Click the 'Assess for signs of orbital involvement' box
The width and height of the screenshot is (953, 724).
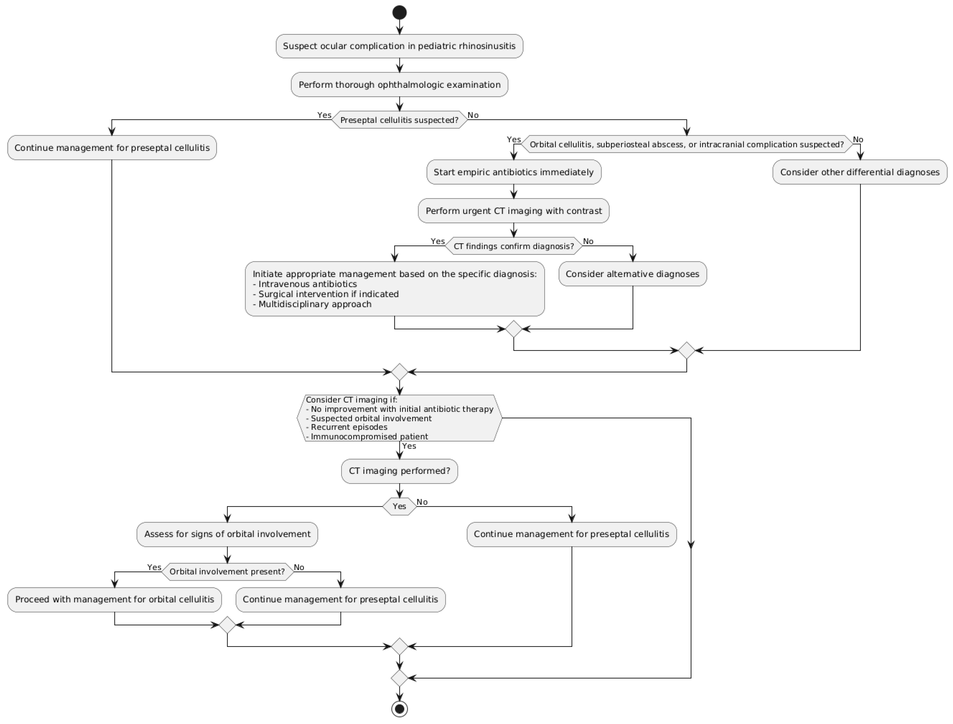click(x=227, y=534)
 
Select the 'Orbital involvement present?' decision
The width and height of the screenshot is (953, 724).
click(x=227, y=571)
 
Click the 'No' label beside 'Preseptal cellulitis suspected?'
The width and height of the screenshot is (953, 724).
click(x=473, y=115)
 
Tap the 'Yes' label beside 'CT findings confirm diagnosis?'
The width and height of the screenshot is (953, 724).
click(x=437, y=241)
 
